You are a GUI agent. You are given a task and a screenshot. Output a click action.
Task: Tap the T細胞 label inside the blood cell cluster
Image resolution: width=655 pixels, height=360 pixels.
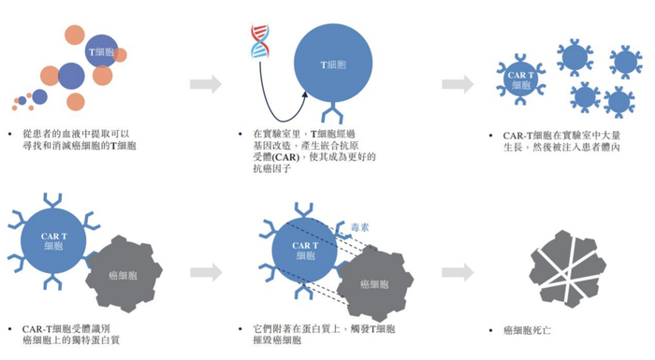pyautogui.click(x=102, y=52)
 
